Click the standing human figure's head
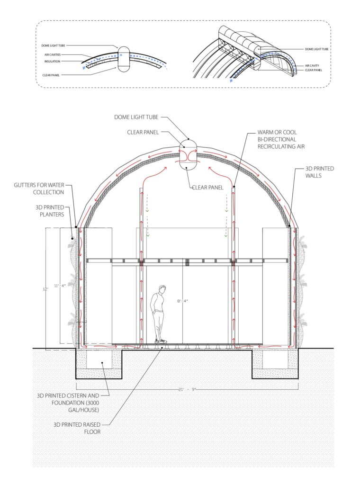pyautogui.click(x=162, y=289)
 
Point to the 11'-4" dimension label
pyautogui.click(x=60, y=286)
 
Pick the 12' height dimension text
pyautogui.click(x=45, y=288)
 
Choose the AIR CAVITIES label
pyautogui.click(x=53, y=55)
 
